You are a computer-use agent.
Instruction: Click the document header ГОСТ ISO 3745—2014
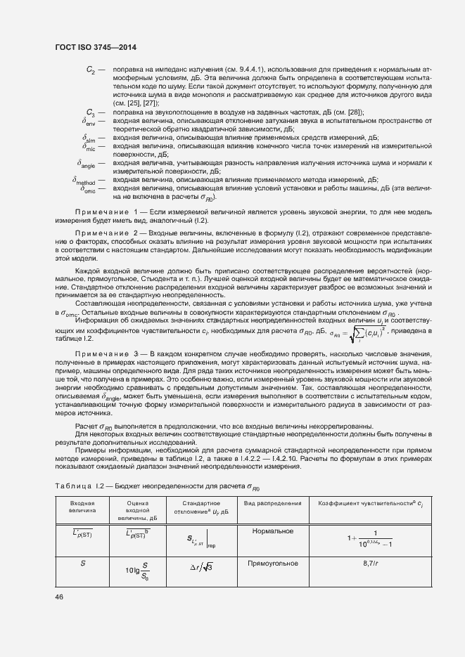tap(95, 46)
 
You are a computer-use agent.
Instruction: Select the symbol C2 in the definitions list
tap(91, 70)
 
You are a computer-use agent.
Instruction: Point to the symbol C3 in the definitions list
tap(91, 112)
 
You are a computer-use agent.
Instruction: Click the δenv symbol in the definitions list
tap(89, 121)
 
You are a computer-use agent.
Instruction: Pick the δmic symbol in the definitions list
tap(89, 148)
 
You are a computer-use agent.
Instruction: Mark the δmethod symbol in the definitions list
tap(85, 180)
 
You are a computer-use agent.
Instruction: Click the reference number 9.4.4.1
tap(248, 70)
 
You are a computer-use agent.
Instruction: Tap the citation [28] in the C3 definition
tap(355, 112)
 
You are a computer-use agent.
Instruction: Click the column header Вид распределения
tap(272, 503)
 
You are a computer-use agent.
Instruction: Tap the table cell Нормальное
tap(272, 531)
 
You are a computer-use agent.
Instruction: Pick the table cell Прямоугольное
tap(272, 564)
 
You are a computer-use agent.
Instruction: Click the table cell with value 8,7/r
tap(370, 564)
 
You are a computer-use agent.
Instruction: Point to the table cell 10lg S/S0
tap(136, 571)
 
